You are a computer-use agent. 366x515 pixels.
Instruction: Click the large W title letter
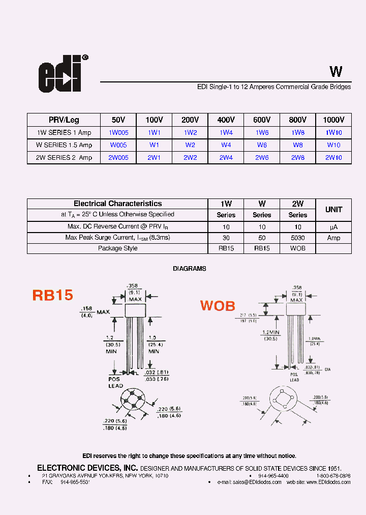[335, 72]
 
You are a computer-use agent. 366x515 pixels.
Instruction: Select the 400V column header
[226, 120]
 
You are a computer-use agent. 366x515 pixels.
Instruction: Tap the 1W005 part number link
[118, 132]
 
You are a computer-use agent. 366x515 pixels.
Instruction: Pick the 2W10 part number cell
[333, 158]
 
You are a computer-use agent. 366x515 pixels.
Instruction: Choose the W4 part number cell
[226, 145]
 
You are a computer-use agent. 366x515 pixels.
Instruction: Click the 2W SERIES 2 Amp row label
[64, 158]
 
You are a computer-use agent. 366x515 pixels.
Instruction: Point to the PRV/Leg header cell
[64, 120]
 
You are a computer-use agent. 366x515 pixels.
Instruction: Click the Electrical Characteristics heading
[117, 204]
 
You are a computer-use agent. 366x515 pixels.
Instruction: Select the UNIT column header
[333, 209]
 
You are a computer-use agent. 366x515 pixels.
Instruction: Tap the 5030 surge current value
[298, 238]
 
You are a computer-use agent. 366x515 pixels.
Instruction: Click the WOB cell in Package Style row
[298, 249]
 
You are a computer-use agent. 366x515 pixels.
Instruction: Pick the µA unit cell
[333, 227]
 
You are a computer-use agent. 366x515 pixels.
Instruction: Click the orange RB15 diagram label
[53, 295]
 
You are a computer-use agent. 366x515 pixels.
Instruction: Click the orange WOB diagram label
[218, 306]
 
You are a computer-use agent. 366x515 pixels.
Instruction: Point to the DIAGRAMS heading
[190, 269]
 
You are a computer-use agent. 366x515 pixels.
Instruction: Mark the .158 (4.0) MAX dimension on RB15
[95, 311]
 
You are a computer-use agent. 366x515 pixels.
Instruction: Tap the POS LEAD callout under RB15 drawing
[115, 382]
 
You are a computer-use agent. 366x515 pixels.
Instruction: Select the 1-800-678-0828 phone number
[333, 475]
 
